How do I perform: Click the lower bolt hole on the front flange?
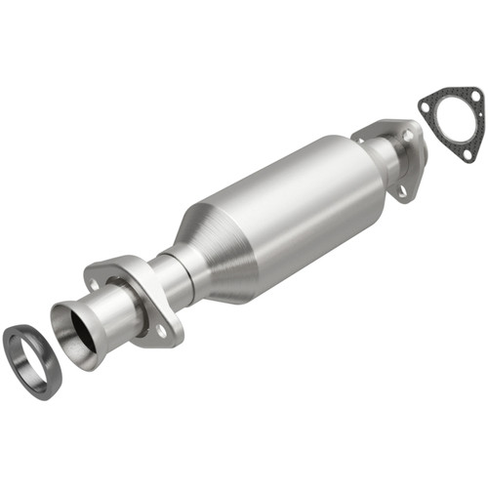coord(161,332)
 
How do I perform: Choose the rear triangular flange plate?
coord(390,156)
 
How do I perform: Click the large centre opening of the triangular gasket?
coord(447,122)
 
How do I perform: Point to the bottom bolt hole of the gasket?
coord(469,153)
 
